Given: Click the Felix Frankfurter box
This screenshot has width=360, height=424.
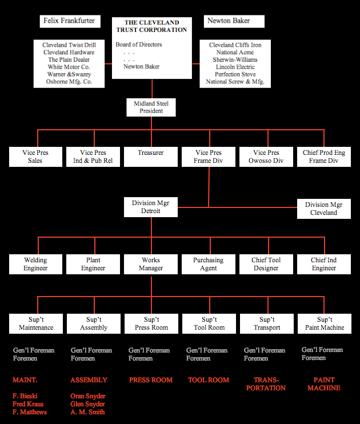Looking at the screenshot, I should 69,21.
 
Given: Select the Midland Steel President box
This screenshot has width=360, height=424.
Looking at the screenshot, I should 151,107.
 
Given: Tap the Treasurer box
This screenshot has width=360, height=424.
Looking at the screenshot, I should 151,153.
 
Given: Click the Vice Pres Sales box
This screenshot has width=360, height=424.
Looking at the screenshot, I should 35,157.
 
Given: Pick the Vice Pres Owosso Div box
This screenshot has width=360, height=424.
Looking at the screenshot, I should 266,157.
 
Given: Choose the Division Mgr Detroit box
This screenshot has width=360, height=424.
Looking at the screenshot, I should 151,207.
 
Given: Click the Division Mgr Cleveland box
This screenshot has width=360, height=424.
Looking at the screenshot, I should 324,209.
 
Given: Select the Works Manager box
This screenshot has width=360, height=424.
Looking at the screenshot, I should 151,264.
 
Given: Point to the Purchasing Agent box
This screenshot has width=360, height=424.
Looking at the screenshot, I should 209,264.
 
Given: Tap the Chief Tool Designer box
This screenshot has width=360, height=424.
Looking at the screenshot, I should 266,264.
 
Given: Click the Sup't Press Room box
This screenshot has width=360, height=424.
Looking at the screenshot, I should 151,323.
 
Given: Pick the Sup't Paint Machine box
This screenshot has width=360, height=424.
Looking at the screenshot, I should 325,323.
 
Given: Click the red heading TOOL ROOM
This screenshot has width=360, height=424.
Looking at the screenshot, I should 209,380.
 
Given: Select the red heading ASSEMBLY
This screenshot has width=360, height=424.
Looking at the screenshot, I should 89,380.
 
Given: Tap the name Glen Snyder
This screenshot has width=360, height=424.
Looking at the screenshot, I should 87,404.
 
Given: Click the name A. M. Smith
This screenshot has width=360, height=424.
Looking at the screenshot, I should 87,412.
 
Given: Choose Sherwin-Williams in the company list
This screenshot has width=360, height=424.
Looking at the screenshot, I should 235,59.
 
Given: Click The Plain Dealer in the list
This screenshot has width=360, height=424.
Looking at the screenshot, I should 69,59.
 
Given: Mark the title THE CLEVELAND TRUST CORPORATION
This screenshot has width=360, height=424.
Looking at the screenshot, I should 151,26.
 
